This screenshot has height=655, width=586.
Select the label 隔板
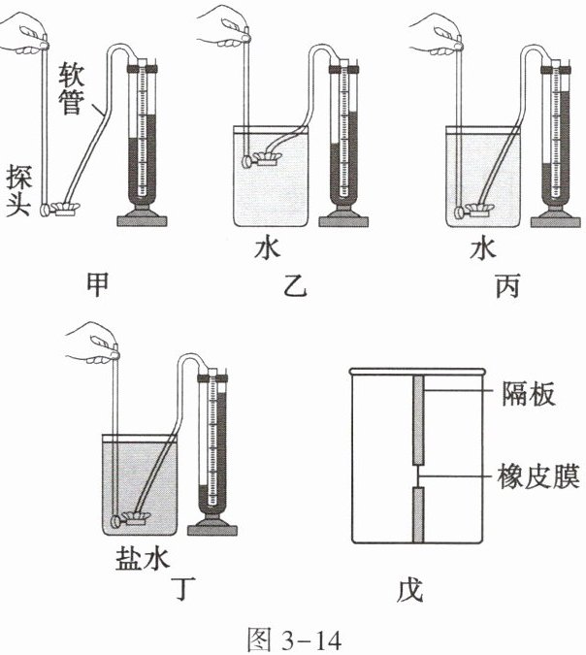coord(528,394)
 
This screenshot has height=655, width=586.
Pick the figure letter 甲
coord(98,281)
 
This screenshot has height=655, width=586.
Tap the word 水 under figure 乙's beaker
coord(267,248)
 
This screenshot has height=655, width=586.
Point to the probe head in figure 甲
coord(66,206)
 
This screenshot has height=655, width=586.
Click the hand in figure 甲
coord(21,37)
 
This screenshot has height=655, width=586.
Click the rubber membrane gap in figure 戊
coord(416,476)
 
